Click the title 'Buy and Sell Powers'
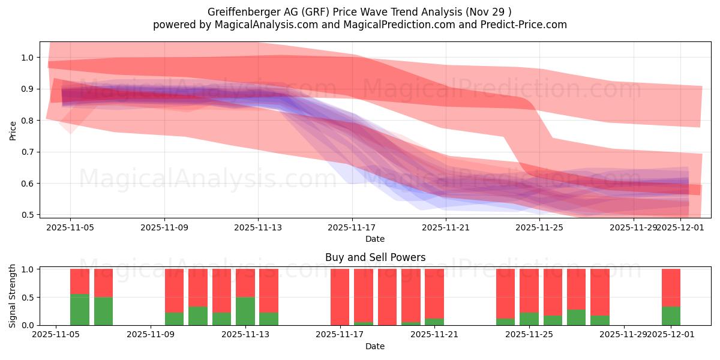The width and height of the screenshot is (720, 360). (x=375, y=257)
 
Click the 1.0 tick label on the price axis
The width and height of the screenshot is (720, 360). (x=28, y=58)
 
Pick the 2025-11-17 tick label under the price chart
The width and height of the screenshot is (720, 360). (x=352, y=227)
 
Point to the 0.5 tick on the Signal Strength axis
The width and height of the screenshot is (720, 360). (x=28, y=298)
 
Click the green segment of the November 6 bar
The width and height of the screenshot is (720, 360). (x=80, y=310)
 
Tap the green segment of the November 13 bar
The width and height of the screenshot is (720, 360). (x=245, y=311)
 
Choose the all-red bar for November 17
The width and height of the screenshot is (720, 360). (x=340, y=297)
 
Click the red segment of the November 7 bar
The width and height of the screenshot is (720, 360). (x=103, y=283)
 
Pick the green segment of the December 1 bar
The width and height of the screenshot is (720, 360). (x=671, y=316)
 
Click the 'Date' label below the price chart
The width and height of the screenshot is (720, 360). (x=375, y=239)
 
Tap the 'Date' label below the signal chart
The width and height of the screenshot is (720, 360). (x=375, y=346)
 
